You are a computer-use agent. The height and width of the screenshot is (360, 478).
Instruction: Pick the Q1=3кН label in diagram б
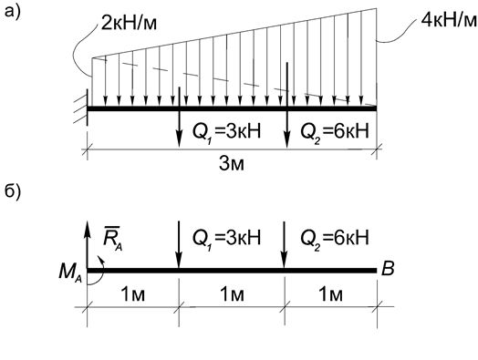[x=226, y=238]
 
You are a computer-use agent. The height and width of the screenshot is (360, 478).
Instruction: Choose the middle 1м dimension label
[x=231, y=293]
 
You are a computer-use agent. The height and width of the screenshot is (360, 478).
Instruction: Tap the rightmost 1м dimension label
[x=330, y=293]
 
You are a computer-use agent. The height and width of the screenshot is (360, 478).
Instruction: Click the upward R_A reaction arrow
[x=88, y=242]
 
